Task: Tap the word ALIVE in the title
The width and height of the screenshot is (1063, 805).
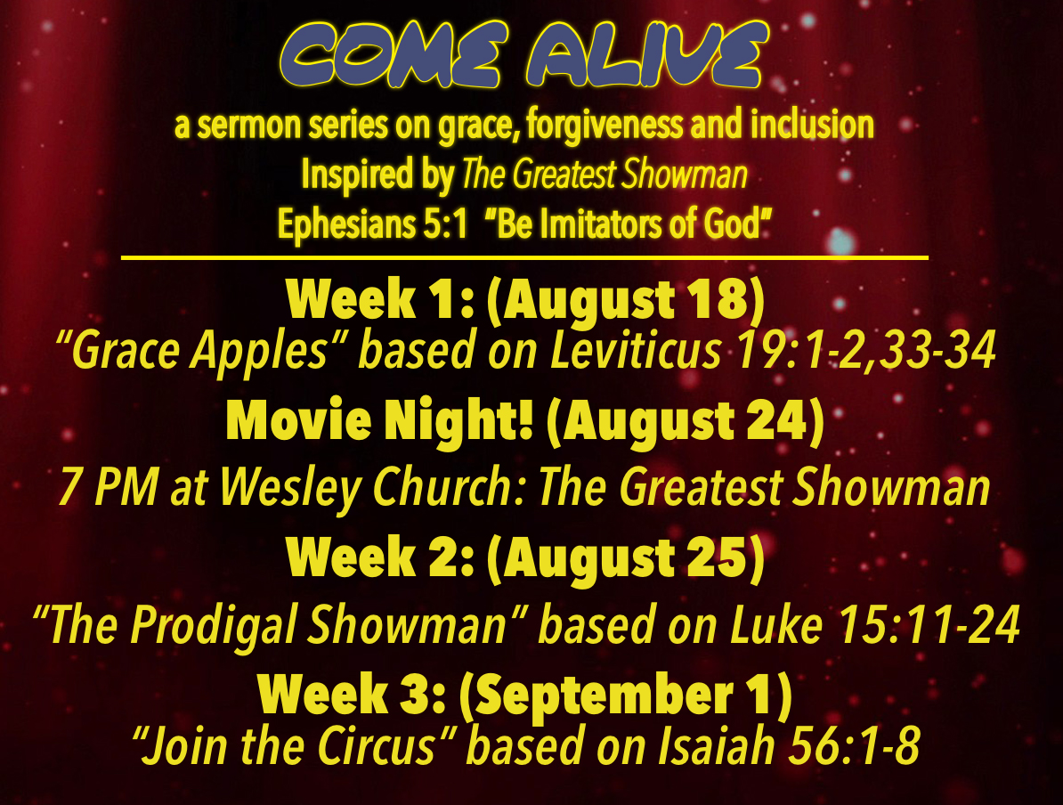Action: [648, 54]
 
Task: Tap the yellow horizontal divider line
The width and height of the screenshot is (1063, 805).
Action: [524, 257]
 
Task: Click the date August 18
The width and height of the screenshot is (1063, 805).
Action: [626, 300]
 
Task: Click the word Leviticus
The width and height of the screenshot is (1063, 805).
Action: [636, 351]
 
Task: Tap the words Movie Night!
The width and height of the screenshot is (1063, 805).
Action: [379, 422]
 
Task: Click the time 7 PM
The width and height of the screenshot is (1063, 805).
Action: [109, 486]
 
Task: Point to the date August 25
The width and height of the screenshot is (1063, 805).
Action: [626, 557]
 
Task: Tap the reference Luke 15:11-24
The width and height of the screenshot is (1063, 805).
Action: [875, 624]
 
